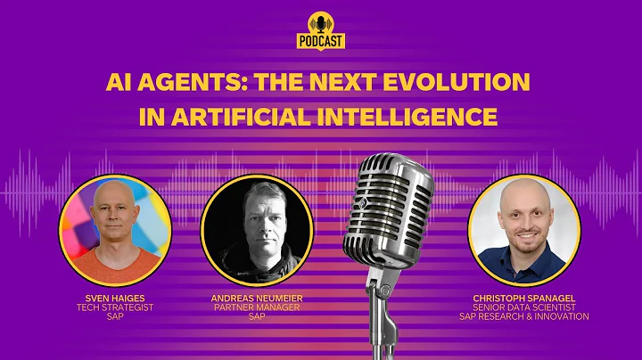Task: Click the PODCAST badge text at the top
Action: point(320,41)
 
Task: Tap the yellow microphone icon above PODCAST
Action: point(320,22)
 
